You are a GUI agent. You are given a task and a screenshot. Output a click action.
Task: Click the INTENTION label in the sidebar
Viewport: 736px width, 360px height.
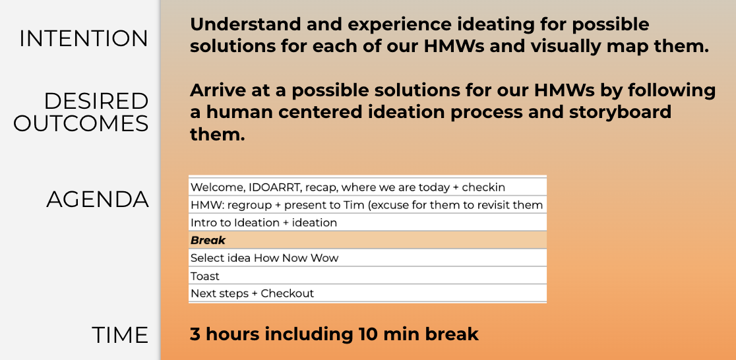(x=84, y=38)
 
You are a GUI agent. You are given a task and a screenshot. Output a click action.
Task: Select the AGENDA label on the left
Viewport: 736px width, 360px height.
(x=98, y=200)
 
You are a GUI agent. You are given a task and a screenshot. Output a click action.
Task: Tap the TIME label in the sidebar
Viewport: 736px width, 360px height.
(x=120, y=335)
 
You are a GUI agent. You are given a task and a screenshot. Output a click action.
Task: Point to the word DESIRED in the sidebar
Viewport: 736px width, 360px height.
(x=96, y=101)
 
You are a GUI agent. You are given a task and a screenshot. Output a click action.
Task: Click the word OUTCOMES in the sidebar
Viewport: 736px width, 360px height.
(x=80, y=123)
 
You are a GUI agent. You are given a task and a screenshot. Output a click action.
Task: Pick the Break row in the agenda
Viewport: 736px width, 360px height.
(x=367, y=240)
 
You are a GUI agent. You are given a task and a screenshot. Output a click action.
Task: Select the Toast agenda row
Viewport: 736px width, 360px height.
(x=367, y=276)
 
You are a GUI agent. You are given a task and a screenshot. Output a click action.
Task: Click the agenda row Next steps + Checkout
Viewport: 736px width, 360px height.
(x=367, y=293)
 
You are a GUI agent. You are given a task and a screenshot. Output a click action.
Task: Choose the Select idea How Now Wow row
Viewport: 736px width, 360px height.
(x=367, y=258)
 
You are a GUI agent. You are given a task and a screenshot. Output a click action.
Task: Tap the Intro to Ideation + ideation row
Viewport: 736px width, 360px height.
(x=367, y=222)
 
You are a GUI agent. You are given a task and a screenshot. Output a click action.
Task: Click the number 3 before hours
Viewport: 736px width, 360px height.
(x=195, y=335)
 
